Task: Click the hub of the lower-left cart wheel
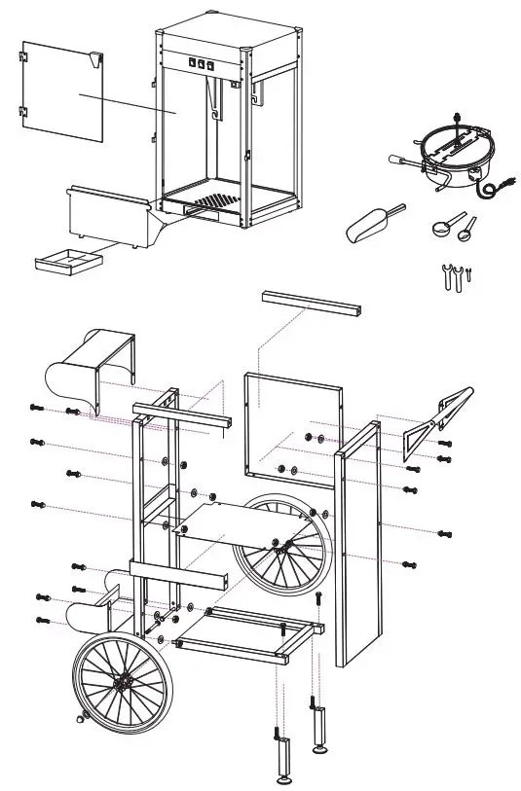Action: (121, 684)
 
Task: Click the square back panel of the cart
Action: (292, 428)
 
